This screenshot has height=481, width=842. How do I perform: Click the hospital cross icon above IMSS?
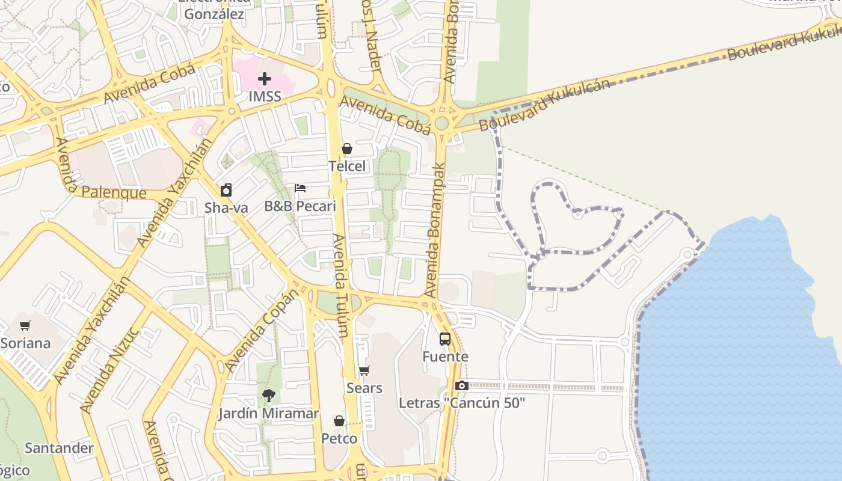point(265,79)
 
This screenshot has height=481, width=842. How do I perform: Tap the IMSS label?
point(265,96)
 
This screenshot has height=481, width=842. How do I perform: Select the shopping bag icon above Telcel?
point(347,149)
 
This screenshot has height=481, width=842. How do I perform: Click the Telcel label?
point(347,166)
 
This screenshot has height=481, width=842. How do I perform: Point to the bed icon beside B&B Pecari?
point(300,188)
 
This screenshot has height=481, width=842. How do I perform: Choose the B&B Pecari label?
point(300,206)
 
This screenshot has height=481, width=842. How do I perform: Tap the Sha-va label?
point(226,208)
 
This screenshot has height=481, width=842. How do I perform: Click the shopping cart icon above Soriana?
point(25,326)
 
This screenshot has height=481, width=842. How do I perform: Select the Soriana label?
point(25,343)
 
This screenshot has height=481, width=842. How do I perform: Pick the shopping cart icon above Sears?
point(364,371)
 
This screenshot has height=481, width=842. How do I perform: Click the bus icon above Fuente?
point(445,339)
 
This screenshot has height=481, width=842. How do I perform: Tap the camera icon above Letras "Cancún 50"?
point(462,385)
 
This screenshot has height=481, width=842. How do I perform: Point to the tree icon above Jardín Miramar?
point(268,396)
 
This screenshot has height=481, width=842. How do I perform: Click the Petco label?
point(339,438)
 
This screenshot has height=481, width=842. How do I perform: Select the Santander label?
point(59,448)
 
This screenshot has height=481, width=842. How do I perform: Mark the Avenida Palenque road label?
point(105,192)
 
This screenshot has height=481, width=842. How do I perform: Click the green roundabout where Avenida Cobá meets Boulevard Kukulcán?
point(442,123)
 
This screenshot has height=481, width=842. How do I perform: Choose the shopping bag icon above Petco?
point(339,421)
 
